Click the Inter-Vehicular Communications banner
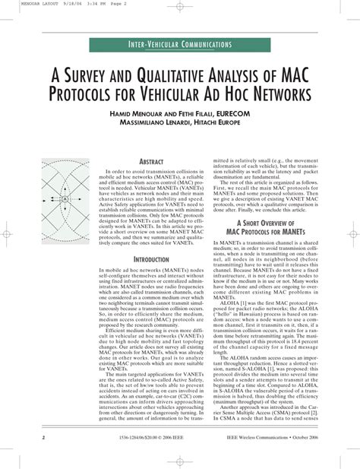click(x=180, y=46)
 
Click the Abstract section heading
click(x=151, y=163)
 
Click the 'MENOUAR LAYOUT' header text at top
click(x=21, y=3)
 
